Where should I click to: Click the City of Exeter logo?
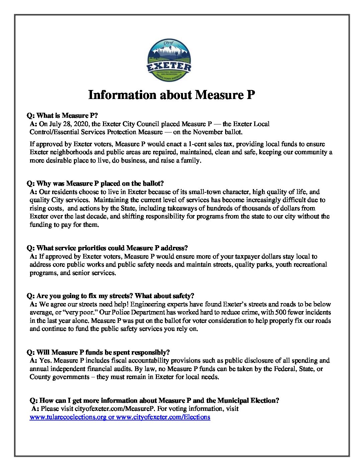pyautogui.click(x=169, y=60)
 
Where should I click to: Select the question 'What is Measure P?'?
pyautogui.click(x=62, y=116)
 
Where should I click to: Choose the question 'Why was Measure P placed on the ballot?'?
pyautogui.click(x=95, y=184)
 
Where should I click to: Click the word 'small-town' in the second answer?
pyautogui.click(x=205, y=192)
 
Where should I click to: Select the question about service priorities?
pyautogui.click(x=107, y=248)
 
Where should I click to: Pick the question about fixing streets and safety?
pyautogui.click(x=110, y=296)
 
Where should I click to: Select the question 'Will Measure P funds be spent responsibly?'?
pyautogui.click(x=98, y=353)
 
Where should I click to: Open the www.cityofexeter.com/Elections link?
pyautogui.click(x=163, y=417)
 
